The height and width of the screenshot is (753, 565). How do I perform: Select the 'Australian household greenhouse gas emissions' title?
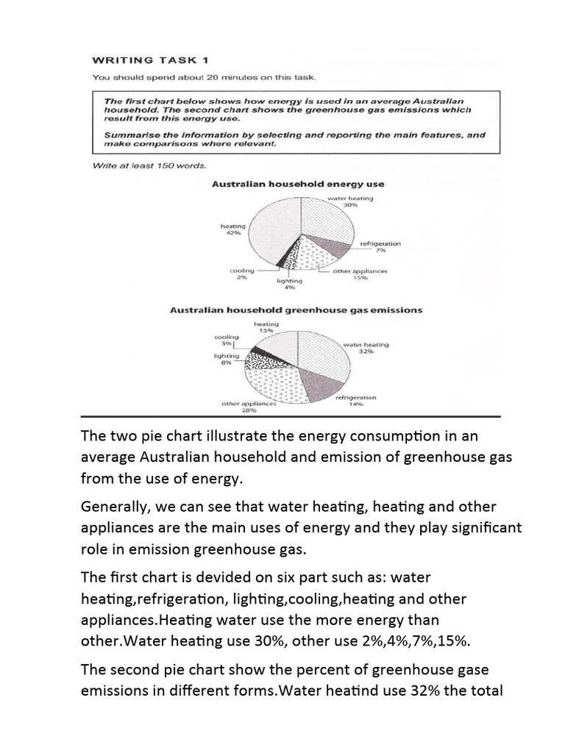[296, 310]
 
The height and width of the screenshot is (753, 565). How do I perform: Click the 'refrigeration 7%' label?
[380, 246]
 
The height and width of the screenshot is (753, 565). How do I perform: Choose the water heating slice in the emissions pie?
[320, 353]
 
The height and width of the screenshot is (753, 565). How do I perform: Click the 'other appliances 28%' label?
[249, 407]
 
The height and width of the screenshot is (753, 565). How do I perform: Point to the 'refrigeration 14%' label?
[355, 401]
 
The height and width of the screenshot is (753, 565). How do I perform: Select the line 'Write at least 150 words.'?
[138, 165]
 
